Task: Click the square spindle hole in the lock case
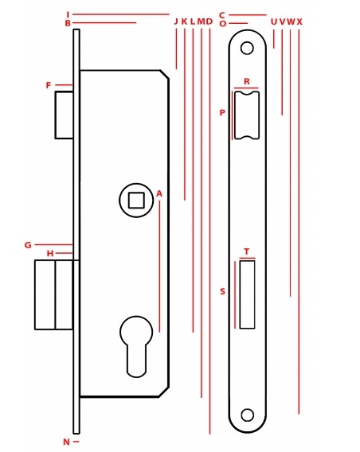coord(136,200)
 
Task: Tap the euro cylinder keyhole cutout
coord(136,346)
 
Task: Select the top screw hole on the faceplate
coord(247,48)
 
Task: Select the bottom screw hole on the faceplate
coord(247,415)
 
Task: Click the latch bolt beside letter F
coord(64,115)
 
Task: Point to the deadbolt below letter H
coord(54,294)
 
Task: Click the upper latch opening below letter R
coord(247,115)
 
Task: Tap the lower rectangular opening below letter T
coord(247,294)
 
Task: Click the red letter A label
coord(159,194)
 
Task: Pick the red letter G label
coord(28,245)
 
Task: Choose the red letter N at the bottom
coord(66,442)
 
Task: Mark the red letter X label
coord(299,21)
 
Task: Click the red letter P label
coord(222,112)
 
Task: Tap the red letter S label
coord(222,291)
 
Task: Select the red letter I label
coord(68,14)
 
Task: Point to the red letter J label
coord(176,21)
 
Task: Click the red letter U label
coord(274,21)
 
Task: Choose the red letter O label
coord(223,24)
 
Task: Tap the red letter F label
coord(49,85)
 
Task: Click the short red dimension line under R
coord(246,88)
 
